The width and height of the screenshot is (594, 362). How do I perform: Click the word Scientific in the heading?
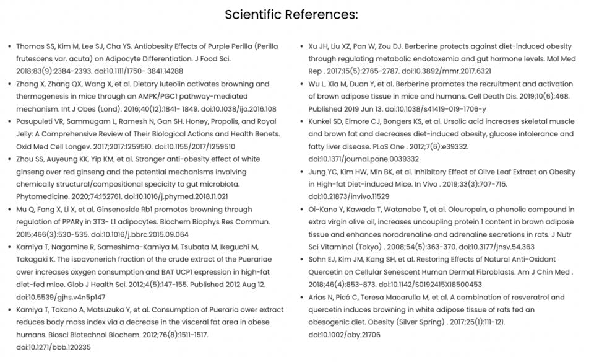pos(254,14)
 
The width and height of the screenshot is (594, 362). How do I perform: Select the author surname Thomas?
pos(30,46)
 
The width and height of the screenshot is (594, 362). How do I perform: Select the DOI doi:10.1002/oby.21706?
pos(345,335)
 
